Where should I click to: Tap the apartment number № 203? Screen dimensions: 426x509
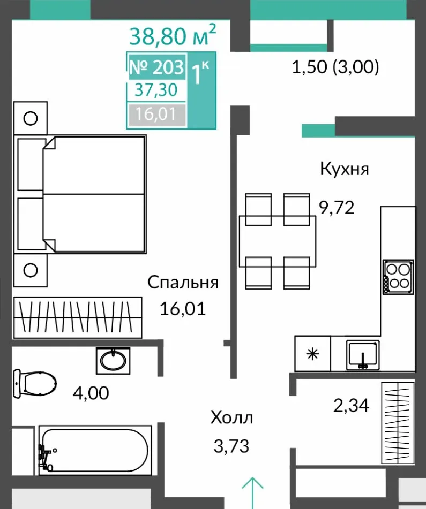point(156,67)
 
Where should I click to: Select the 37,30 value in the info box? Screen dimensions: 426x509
point(156,90)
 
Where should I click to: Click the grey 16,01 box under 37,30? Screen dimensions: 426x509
point(156,114)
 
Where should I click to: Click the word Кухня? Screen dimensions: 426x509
point(345,169)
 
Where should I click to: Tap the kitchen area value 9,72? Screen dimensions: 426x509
point(337,208)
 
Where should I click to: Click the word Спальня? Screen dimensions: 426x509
point(183,283)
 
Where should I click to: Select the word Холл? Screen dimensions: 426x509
point(231,418)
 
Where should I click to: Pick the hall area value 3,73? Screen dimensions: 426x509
point(231,446)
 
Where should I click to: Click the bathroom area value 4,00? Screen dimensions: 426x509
point(91,393)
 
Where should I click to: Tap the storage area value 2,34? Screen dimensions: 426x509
point(352,405)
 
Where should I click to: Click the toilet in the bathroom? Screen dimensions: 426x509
point(34,384)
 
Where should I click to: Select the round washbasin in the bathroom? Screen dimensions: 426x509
point(113,360)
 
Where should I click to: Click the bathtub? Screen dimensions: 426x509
point(95,450)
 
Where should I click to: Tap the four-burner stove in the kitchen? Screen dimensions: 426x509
point(398,277)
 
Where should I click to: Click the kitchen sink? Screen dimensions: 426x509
point(363,355)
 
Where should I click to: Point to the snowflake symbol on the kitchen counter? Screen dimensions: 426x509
point(313,354)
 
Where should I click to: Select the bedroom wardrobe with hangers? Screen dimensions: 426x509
point(78,317)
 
